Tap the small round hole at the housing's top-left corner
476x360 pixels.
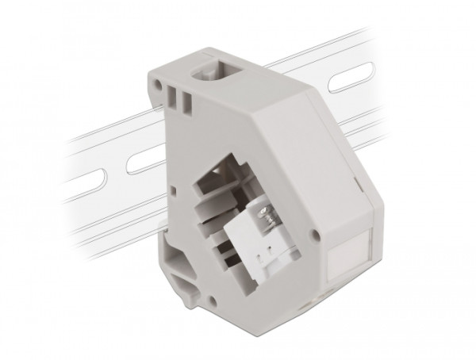(152, 77)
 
